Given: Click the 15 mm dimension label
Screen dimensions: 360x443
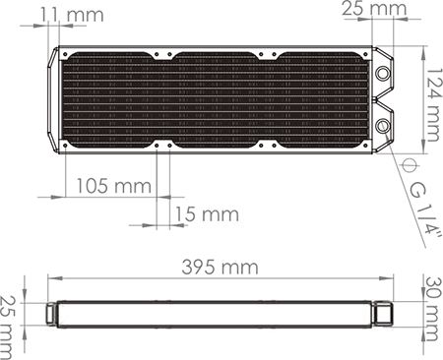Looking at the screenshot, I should (206, 213).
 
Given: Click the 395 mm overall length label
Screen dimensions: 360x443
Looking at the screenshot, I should (219, 268).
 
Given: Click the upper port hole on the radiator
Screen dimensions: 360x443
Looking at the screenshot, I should (381, 73).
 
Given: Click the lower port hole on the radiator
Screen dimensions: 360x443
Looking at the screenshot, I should (381, 125).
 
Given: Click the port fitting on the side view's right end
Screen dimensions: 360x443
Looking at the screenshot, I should (385, 314).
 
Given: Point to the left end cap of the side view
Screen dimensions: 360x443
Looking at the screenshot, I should (49, 314).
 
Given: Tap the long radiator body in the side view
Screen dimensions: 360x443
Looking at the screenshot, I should (217, 314).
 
